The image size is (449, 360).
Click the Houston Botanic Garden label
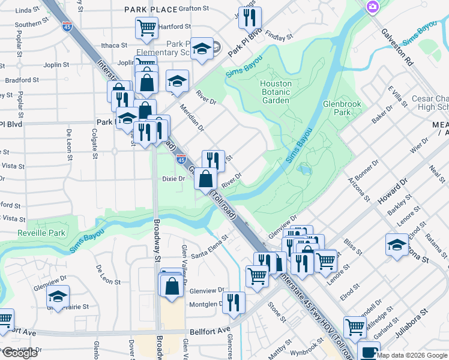coord(276,92)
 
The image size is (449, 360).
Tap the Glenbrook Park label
coord(342,108)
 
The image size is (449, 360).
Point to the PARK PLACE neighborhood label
coord(151,10)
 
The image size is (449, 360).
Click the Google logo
coord(20,353)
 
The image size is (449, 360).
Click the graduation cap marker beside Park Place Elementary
coord(203,49)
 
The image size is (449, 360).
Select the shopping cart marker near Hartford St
coord(146,27)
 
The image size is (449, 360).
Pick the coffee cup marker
coord(369,350)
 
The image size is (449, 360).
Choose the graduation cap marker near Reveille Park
coord(58,296)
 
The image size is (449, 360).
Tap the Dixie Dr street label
coord(173,178)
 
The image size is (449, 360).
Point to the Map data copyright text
coord(412,355)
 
